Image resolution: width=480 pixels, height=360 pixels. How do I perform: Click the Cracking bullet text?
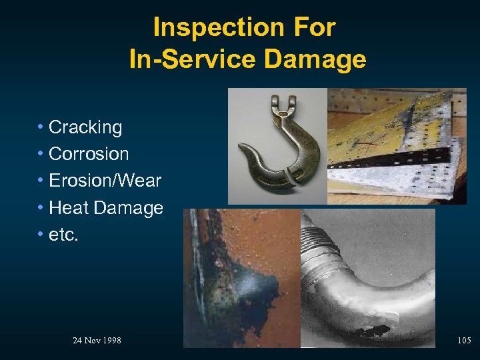(85, 127)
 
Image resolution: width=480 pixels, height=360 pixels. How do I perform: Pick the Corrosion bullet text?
(89, 154)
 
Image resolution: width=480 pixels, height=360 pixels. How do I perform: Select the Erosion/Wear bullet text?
(105, 181)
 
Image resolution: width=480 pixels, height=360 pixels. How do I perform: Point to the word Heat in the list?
(69, 208)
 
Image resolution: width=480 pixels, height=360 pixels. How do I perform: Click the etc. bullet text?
(63, 235)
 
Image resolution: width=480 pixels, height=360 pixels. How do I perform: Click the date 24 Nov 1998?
(97, 341)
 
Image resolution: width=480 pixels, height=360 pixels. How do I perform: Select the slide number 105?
(464, 341)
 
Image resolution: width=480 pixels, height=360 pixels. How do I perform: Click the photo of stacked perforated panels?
(397, 145)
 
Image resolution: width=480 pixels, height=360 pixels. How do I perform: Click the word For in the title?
(317, 28)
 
